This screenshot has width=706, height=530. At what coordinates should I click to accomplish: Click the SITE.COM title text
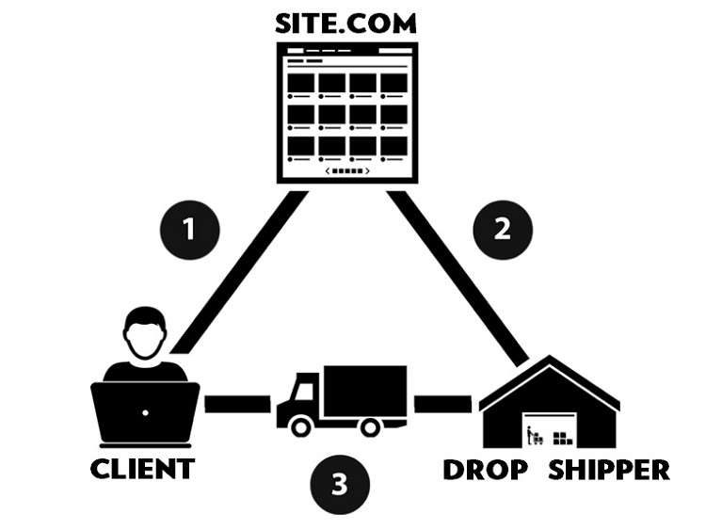click(345, 24)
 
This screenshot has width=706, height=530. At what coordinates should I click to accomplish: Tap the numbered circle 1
click(189, 230)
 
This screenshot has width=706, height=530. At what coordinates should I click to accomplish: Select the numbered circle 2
click(503, 230)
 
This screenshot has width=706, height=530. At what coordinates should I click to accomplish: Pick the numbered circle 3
click(340, 485)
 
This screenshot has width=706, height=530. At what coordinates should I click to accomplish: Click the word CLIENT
click(143, 469)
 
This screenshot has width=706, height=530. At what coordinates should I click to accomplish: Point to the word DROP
click(486, 470)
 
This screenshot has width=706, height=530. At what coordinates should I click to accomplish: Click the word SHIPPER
click(609, 470)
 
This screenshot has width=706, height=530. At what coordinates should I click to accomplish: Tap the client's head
click(145, 333)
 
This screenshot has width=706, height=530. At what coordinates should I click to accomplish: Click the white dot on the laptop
click(145, 412)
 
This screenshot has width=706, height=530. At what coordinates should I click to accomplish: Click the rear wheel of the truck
click(371, 426)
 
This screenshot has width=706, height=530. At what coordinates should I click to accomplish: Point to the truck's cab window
click(303, 391)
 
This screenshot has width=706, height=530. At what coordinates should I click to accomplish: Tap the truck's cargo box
click(365, 391)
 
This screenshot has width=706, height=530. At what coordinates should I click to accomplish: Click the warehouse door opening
click(550, 429)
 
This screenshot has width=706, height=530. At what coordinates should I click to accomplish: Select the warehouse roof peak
click(550, 356)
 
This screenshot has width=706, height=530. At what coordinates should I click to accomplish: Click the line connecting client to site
click(239, 271)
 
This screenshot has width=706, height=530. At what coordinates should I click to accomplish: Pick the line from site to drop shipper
click(457, 277)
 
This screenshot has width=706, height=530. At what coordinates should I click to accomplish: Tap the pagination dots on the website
click(347, 171)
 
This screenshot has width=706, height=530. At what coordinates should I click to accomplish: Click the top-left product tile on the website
click(301, 83)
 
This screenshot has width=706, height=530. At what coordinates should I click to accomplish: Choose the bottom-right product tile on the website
click(394, 146)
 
